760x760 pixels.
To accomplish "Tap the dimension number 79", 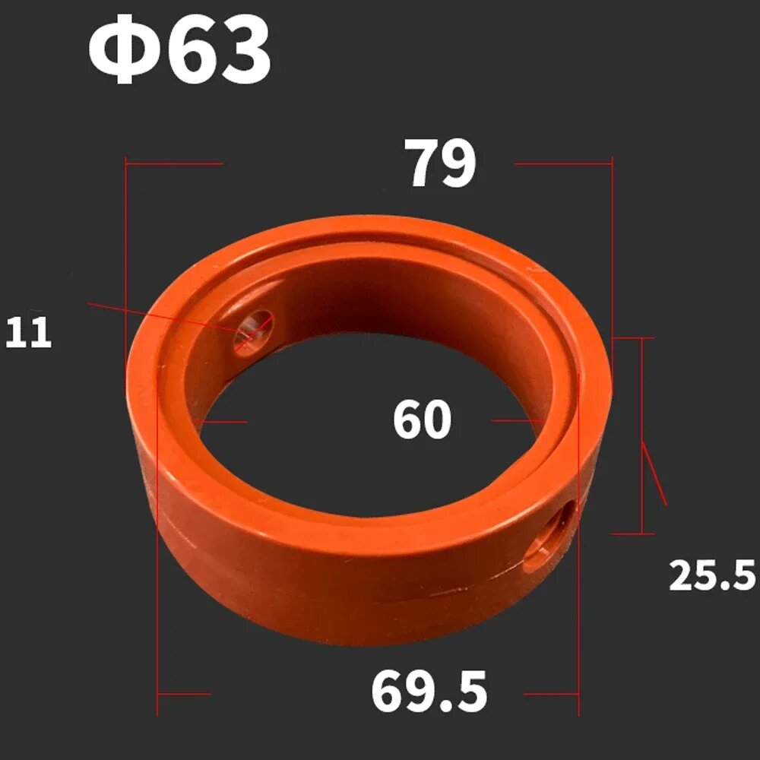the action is click(x=440, y=163).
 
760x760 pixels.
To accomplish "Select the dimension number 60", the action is click(x=422, y=420).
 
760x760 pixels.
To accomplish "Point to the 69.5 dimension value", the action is click(x=429, y=692).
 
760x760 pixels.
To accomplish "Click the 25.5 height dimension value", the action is click(x=711, y=575).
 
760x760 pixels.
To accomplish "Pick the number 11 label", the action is click(x=28, y=333).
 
